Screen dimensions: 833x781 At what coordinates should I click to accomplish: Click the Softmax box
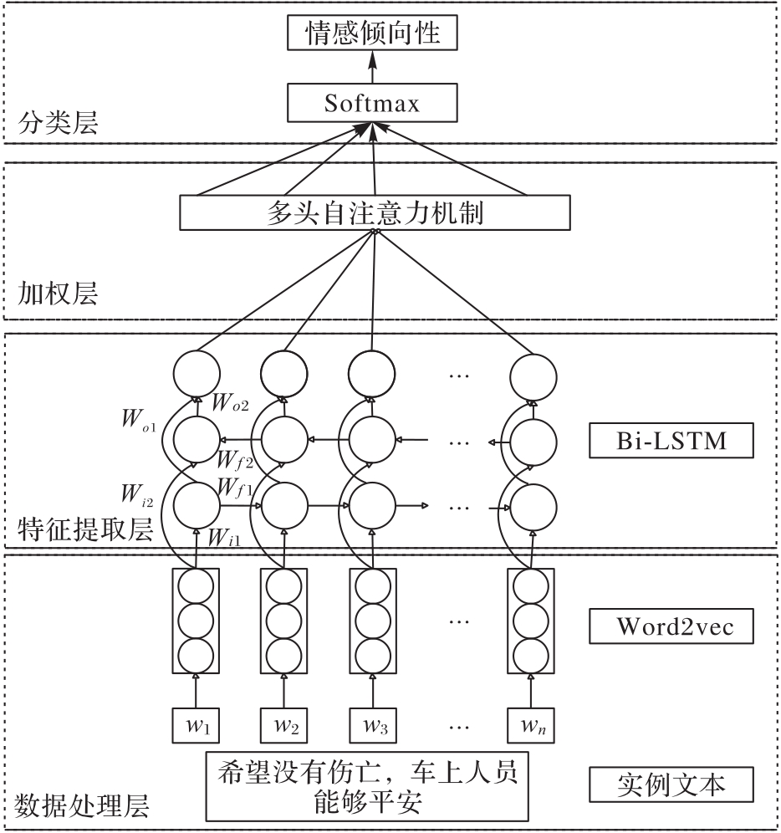372,105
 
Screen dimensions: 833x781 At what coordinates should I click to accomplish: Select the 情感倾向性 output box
372,36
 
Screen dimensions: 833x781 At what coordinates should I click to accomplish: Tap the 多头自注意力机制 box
375,212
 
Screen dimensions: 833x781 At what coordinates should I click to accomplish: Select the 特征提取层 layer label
84,528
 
